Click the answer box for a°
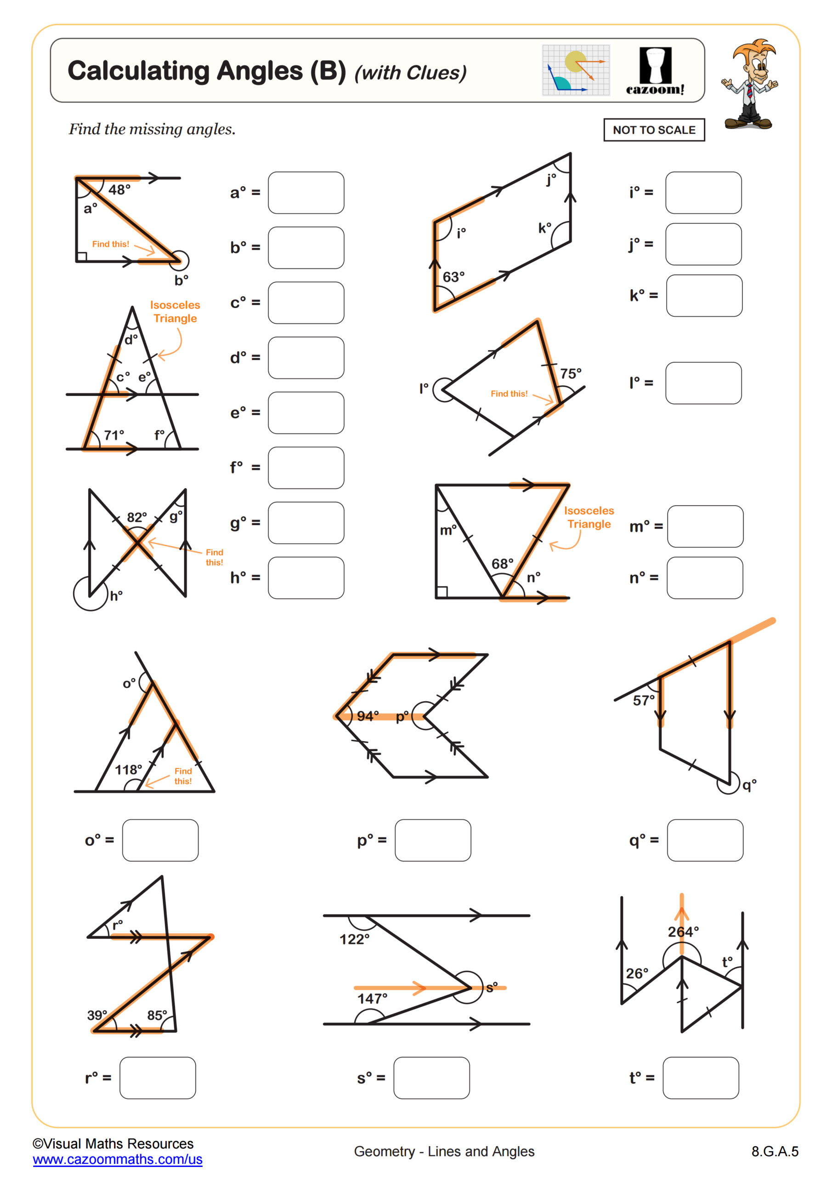pos(306,193)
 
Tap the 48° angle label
pos(119,190)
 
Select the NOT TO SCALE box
pos(654,130)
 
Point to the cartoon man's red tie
pos(749,91)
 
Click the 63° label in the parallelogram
pos(453,277)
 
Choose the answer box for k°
pos(704,296)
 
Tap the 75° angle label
pos(570,374)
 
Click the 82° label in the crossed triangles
pos(137,517)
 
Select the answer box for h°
pos(306,578)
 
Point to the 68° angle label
pos(502,564)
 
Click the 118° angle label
pos(128,770)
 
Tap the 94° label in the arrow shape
pos(368,716)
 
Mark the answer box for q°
pos(705,840)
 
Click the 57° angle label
pos(644,700)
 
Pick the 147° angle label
pos(372,999)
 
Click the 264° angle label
pos(683,931)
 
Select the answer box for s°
pos(431,1078)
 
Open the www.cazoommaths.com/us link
pos(117,1159)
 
